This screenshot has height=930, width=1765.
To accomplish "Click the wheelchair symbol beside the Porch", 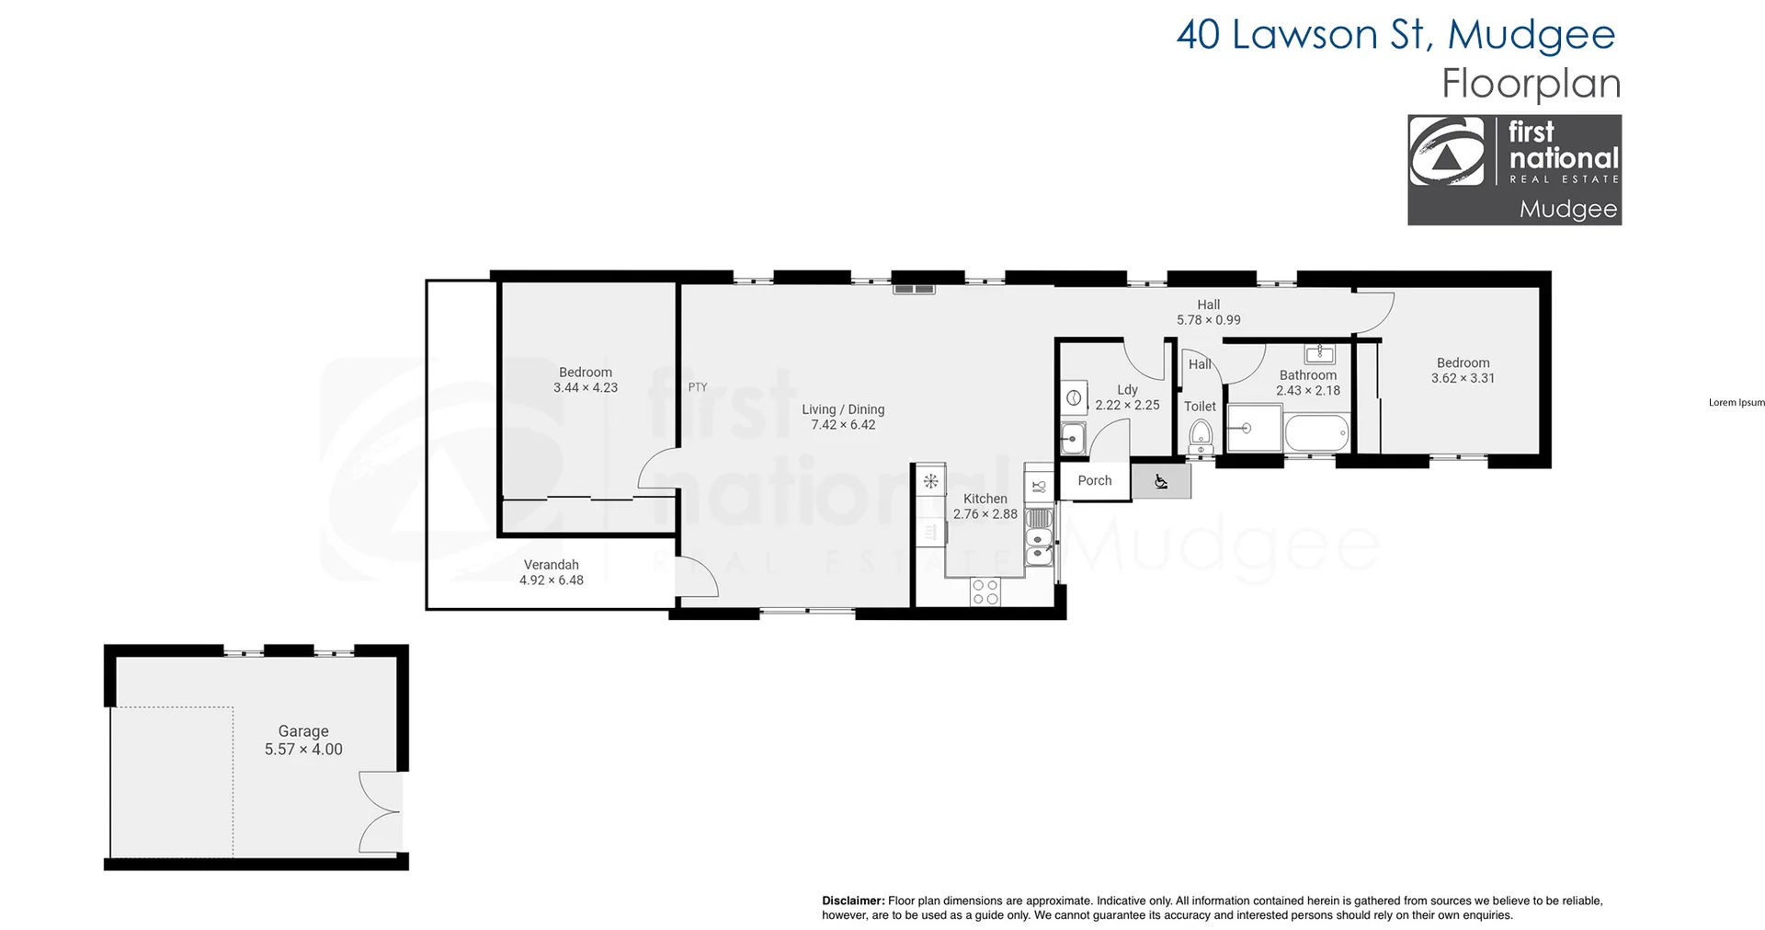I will tap(1161, 481).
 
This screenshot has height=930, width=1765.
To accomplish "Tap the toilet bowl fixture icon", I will tap(1201, 435).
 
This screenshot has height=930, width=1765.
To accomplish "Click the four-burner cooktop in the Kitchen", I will tap(985, 591).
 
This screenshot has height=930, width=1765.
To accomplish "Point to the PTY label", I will tap(698, 387).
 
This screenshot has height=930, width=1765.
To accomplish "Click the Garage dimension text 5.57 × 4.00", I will tap(303, 750).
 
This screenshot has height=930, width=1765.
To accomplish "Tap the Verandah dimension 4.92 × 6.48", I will tap(552, 580).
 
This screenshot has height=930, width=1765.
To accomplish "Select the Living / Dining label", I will tap(843, 409).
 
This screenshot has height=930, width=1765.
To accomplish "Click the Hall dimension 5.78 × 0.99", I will tap(1208, 320).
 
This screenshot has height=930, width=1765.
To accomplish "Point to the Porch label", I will tap(1094, 480).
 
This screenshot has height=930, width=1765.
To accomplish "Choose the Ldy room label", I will tap(1127, 389).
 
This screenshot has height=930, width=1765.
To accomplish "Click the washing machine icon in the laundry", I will tap(1073, 398).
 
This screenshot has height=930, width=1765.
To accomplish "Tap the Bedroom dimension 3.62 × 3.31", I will tap(1463, 378).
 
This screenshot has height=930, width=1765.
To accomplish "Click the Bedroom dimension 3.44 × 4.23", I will tap(586, 387).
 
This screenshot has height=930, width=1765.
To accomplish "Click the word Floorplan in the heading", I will tap(1531, 84).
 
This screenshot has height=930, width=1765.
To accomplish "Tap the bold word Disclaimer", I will tap(853, 901).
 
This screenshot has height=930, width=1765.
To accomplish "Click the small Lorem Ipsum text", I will tap(1736, 403).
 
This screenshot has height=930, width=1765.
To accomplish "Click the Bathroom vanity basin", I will tap(1320, 353).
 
